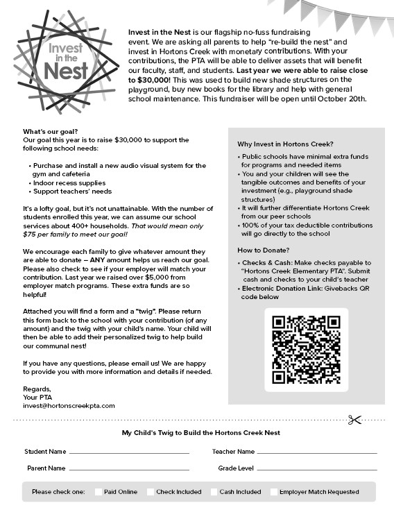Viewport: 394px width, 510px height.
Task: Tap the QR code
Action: (x=306, y=350)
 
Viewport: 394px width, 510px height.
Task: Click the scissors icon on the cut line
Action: (x=355, y=419)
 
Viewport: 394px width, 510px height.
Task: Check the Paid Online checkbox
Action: (x=98, y=492)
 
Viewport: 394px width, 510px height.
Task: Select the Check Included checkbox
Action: (x=151, y=492)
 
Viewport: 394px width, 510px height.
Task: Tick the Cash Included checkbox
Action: (x=214, y=492)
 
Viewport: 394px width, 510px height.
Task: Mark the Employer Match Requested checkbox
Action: (x=274, y=492)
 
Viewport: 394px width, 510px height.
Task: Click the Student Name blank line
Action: (x=129, y=452)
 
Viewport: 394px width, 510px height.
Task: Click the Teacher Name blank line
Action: (x=317, y=452)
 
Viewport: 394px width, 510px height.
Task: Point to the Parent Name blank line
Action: (x=129, y=469)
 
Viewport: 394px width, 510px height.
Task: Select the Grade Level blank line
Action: (x=317, y=469)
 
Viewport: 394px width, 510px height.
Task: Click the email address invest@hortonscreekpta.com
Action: (x=69, y=405)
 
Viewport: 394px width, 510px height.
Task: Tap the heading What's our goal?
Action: (x=50, y=131)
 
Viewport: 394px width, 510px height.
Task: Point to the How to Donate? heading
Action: (x=263, y=250)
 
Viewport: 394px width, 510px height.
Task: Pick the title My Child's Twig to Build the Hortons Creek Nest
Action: (x=201, y=432)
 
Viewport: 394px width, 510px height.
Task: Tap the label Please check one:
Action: (x=58, y=492)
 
